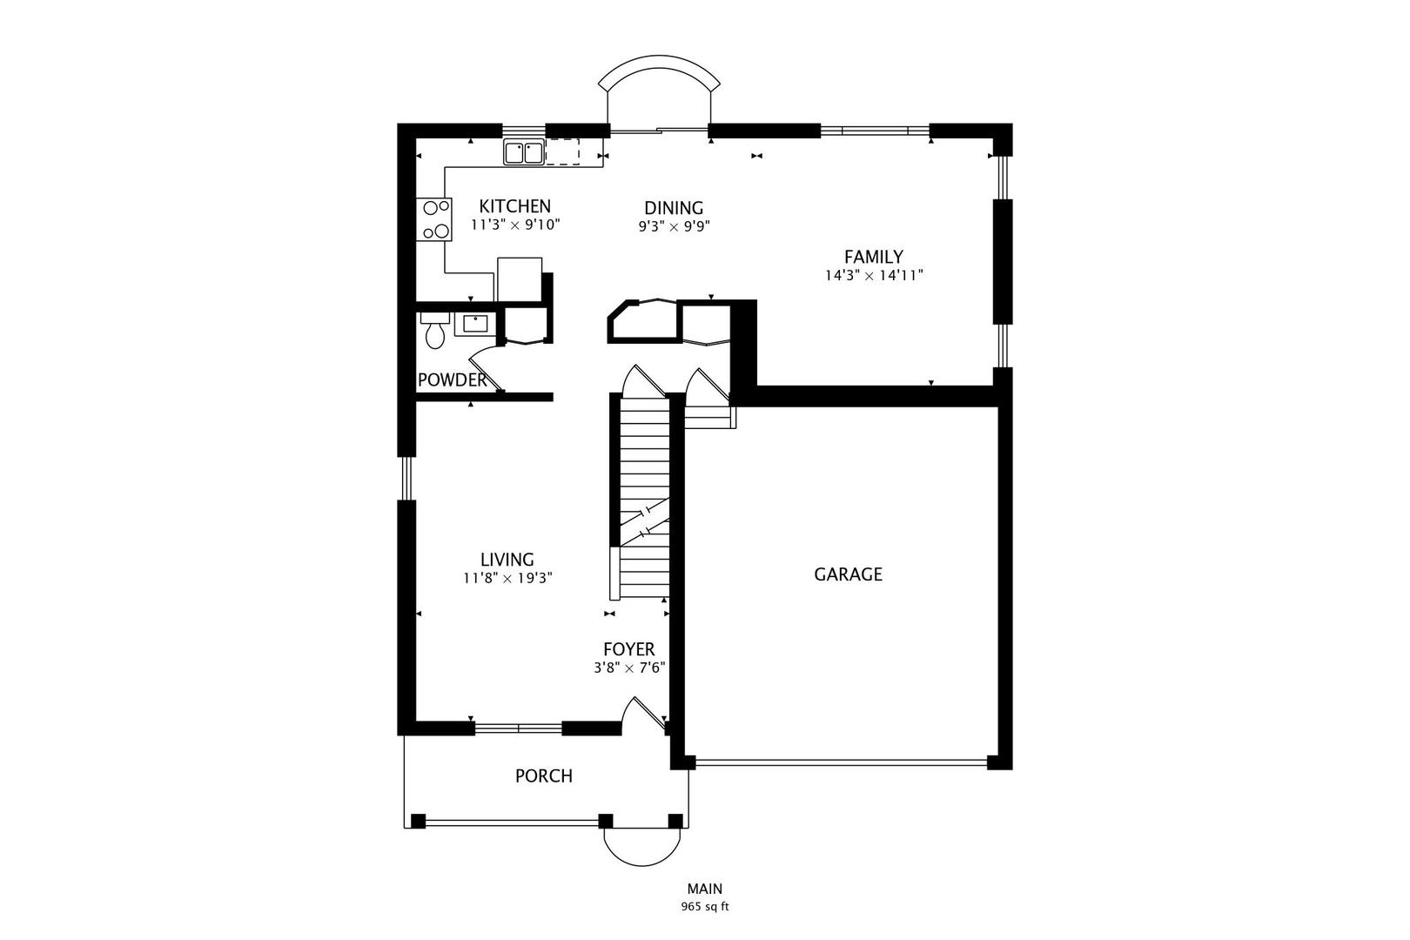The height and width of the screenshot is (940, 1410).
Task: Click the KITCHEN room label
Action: [515, 206]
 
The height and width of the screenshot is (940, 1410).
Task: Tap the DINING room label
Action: [674, 208]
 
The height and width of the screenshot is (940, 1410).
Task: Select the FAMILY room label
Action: [874, 257]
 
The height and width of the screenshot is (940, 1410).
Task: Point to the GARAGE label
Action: [848, 574]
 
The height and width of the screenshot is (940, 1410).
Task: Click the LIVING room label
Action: [507, 560]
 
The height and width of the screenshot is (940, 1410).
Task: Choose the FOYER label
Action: [628, 649]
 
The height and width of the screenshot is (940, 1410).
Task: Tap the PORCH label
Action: [544, 776]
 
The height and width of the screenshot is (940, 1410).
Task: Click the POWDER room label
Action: [452, 380]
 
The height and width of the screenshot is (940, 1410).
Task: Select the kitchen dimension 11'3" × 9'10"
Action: [515, 225]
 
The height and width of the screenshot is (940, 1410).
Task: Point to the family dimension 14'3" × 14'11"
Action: [874, 275]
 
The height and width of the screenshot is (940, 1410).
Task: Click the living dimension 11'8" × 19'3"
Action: [508, 578]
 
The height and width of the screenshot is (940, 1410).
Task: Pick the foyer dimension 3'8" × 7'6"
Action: [629, 668]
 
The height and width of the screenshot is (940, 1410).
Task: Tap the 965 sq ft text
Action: [704, 907]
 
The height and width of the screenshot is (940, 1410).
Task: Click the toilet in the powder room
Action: [435, 330]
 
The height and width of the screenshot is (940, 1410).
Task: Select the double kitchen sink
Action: [524, 152]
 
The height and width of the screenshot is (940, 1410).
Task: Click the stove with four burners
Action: [433, 219]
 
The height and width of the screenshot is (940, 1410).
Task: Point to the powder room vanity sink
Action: [475, 324]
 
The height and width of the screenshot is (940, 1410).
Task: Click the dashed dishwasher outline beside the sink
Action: [562, 151]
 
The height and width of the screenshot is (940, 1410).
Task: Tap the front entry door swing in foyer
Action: [643, 715]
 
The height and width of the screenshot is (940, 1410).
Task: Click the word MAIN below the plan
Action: [704, 889]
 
